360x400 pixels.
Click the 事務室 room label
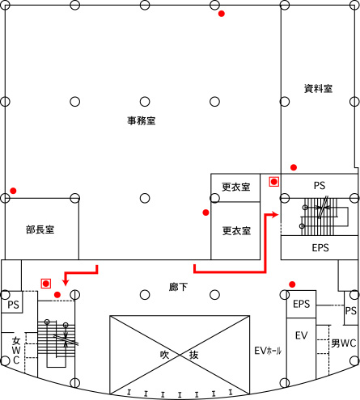click(142, 120)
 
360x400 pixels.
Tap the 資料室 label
click(318, 89)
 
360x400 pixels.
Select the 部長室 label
click(40, 229)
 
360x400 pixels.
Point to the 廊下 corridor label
click(178, 287)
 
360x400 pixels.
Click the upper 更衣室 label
click(236, 187)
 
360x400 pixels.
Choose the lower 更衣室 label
click(236, 231)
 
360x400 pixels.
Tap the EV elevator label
click(301, 335)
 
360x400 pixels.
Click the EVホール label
click(268, 351)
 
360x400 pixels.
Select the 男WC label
click(344, 343)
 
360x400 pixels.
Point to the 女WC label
click(16, 351)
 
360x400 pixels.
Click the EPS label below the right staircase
click(320, 248)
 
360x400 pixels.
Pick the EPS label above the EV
click(302, 304)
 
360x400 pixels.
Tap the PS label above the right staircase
click(320, 186)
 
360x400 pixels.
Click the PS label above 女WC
click(13, 305)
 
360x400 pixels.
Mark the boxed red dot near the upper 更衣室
click(274, 182)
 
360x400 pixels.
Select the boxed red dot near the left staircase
click(46, 284)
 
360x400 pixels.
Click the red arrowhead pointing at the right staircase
click(275, 215)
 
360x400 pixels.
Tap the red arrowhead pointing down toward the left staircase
click(66, 282)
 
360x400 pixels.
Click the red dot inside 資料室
click(294, 167)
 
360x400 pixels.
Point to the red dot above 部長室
click(13, 191)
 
